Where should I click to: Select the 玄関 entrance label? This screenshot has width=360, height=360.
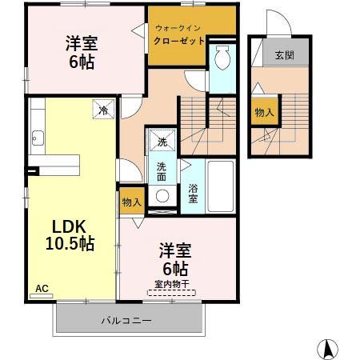(x=283, y=55)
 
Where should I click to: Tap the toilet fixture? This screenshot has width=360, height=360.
(x=222, y=59)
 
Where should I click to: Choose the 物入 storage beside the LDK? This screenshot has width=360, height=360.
(x=131, y=203)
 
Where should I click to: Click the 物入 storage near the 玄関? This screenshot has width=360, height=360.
(x=264, y=113)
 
